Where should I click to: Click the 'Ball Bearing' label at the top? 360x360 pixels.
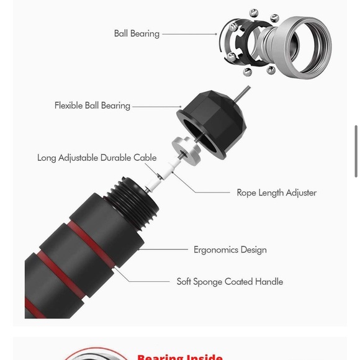click(137, 34)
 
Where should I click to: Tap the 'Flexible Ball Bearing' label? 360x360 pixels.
click(92, 106)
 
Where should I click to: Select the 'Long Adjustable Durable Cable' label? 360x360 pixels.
click(97, 158)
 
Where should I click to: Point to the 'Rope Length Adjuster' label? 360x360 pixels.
click(277, 193)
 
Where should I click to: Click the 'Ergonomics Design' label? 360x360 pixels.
click(230, 250)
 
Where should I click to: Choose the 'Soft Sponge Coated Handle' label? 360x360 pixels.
click(230, 282)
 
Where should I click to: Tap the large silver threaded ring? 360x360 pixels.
click(303, 47)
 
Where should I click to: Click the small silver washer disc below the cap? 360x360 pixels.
click(186, 150)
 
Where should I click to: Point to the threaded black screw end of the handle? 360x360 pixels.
click(133, 203)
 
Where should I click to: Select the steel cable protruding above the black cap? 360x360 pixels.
click(242, 94)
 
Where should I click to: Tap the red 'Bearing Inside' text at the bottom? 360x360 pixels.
click(180, 358)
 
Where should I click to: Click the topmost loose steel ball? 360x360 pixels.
click(253, 12)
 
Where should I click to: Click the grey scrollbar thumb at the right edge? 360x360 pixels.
click(356, 151)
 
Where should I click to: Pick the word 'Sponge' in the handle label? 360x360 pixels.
click(207, 282)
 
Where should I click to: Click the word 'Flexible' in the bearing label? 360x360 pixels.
click(69, 106)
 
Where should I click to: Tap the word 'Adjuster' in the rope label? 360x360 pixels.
click(301, 193)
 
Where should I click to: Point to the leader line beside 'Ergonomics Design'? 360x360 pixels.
click(163, 250)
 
